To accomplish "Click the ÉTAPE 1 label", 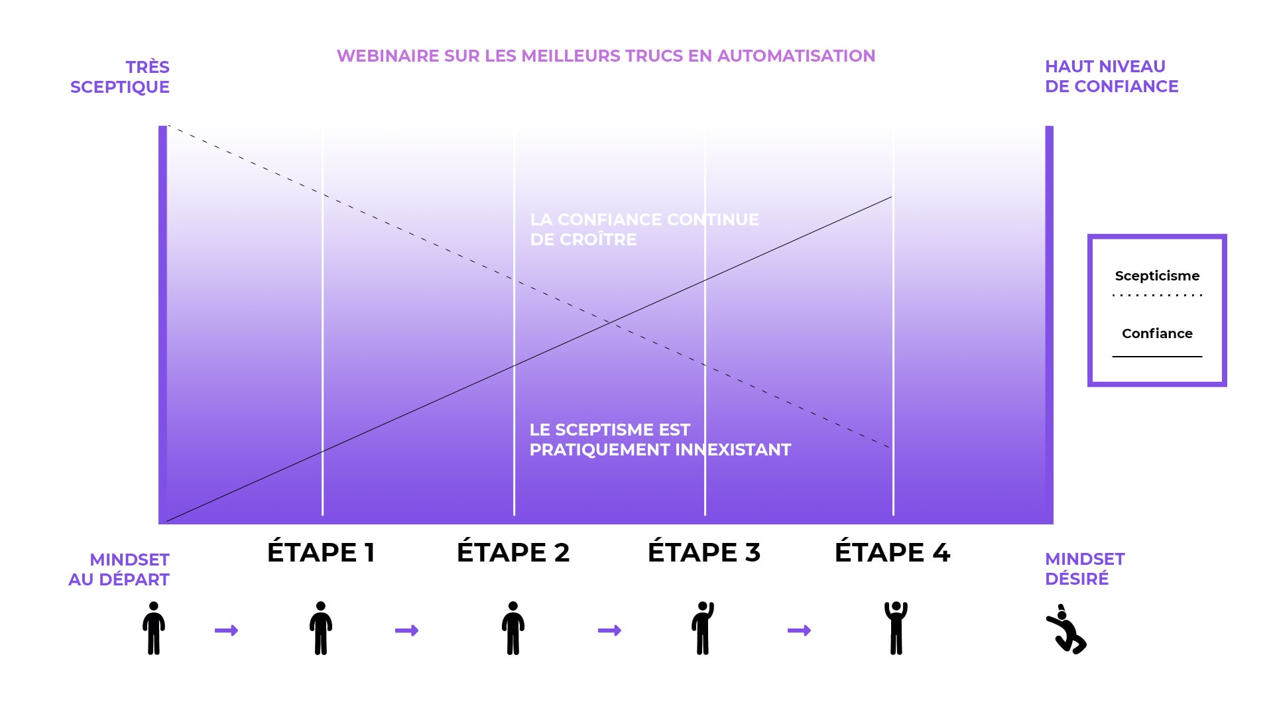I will pos(321,552).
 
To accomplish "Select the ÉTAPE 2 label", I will pos(513,552).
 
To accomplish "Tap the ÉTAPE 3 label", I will pos(703,552).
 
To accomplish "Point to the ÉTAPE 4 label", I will pos(892,552).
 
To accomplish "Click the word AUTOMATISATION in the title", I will pos(796,56).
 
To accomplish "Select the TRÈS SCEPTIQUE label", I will pos(121,77).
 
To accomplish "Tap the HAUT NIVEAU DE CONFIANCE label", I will pos(1111,76).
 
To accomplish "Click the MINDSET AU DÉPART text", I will pos(119,569).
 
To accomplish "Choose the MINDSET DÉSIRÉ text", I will pos(1085,569).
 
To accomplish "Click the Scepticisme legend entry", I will pos(1157,276).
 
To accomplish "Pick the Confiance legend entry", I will pos(1157,333).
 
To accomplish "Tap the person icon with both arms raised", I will pos(896,628).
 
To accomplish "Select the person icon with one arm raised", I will pos(703,628).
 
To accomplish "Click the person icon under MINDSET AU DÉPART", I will pos(154,628).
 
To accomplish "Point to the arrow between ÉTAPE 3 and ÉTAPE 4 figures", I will pos(799,630).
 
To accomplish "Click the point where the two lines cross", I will pos(609,323).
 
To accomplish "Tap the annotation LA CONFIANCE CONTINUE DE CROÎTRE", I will pos(644,229).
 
